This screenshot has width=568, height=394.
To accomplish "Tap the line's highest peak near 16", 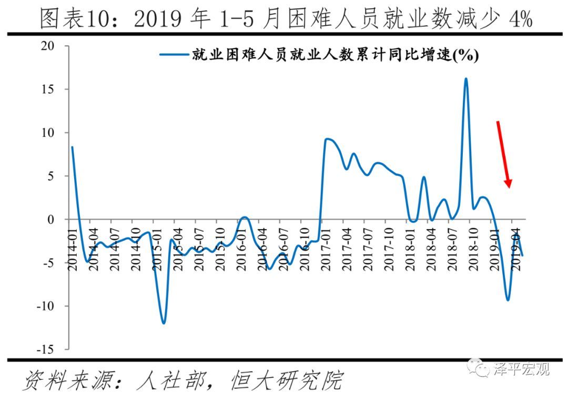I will coord(466,79).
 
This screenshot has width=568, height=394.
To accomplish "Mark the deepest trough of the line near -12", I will coord(164,323).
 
